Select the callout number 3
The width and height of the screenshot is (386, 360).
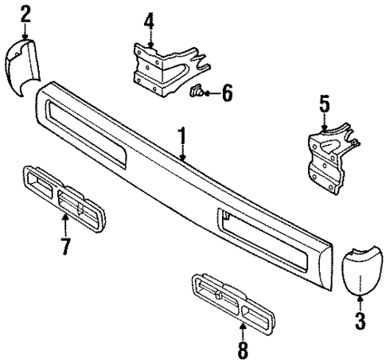pyautogui.click(x=360, y=321)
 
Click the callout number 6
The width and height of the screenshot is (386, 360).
pyautogui.click(x=227, y=95)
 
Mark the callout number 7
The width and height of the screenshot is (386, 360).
pyautogui.click(x=64, y=244)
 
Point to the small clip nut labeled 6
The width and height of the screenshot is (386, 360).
pyautogui.click(x=195, y=93)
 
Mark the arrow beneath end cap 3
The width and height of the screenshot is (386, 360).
pyautogui.click(x=360, y=303)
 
